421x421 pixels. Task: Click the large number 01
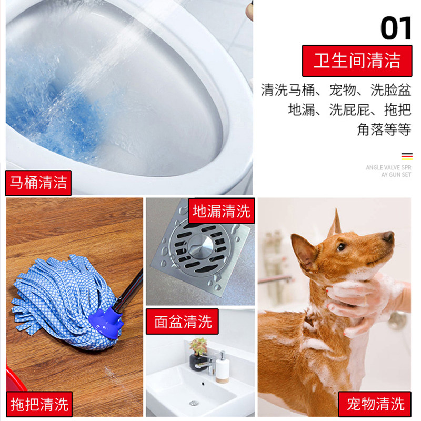396,28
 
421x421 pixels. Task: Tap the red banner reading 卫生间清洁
357,61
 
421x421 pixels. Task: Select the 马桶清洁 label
38,183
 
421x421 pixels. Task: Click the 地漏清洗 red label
222,211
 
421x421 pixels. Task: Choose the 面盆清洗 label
182,322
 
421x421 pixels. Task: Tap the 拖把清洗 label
39,404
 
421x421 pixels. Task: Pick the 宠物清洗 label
375,404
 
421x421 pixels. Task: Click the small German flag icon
407,156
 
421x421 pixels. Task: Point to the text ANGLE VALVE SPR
388,167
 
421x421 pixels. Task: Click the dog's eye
341,247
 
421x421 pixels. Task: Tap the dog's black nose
388,236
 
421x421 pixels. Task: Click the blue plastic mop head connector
106,322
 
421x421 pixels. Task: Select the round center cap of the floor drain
201,245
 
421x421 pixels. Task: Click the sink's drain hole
194,403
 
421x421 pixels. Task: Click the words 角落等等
384,129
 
